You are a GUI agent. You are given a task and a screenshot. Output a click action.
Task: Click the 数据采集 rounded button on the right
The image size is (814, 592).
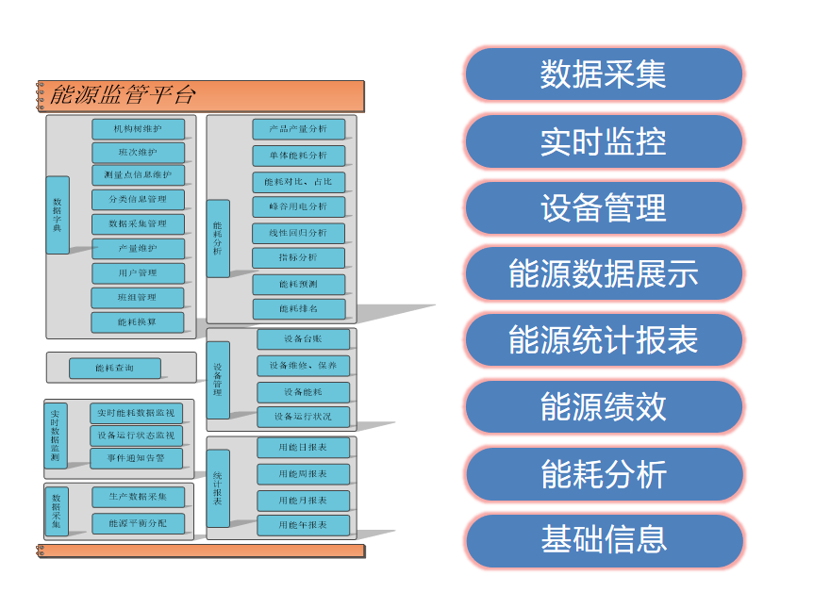coord(603,74)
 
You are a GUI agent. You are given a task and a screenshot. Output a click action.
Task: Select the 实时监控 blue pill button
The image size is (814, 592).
coord(603,141)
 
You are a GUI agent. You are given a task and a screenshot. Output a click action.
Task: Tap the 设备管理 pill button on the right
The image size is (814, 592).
coord(603,207)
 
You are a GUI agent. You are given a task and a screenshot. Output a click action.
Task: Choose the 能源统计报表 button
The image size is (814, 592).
coord(603,340)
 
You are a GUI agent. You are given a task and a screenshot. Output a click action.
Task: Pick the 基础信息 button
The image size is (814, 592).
coord(603,540)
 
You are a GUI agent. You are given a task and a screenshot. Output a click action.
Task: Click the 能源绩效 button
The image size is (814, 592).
coord(603,407)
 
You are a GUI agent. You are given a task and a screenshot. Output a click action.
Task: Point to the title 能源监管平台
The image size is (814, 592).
coord(123,95)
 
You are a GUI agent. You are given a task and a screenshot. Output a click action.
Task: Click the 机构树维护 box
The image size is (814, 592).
coord(138,128)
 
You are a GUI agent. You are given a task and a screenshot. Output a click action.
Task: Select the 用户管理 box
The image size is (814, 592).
coord(138,273)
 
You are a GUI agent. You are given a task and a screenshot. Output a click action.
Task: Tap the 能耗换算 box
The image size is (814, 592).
coord(138,322)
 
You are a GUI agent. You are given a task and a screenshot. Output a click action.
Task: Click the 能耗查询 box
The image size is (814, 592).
coord(114,369)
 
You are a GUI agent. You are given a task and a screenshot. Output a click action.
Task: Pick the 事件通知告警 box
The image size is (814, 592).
coord(138,459)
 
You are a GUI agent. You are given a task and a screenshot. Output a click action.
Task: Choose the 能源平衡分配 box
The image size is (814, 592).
coord(138,523)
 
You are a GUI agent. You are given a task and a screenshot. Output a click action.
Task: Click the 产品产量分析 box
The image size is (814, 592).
coord(298,129)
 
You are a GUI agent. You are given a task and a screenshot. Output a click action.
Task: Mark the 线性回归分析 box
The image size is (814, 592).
coord(298,233)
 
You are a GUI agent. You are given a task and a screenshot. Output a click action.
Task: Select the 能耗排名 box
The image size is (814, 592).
coord(298,309)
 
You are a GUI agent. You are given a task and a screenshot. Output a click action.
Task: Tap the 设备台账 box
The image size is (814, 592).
coord(303,339)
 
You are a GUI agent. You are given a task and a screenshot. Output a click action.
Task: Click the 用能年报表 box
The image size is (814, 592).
coord(303,525)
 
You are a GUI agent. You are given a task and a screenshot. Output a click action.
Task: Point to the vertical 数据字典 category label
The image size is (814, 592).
coord(58,215)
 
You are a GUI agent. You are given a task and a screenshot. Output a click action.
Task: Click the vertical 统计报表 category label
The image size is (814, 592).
coord(218,488)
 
